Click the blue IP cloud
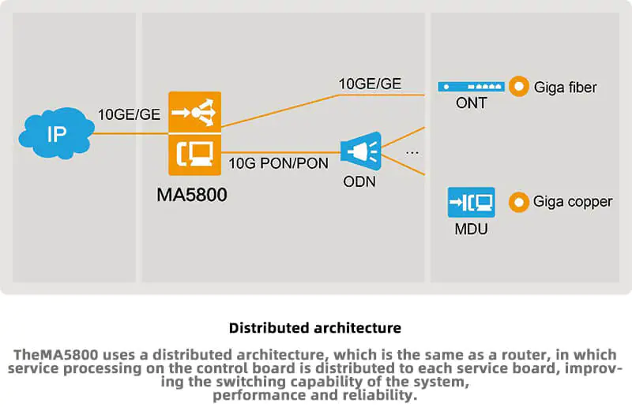[x=55, y=133]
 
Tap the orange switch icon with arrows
[x=194, y=112]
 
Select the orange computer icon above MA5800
[x=194, y=153]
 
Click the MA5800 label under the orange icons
[x=191, y=194]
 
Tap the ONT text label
[x=471, y=104]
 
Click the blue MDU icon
[x=471, y=203]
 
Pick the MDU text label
[x=471, y=229]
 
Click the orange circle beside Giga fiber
[x=519, y=87]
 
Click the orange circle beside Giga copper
[x=519, y=203]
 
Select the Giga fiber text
[x=565, y=88]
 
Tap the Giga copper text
[x=573, y=203]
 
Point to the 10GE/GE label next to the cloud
[x=129, y=115]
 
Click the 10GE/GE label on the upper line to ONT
[x=370, y=84]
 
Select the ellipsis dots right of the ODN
[x=412, y=151]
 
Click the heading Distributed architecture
[x=315, y=327]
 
